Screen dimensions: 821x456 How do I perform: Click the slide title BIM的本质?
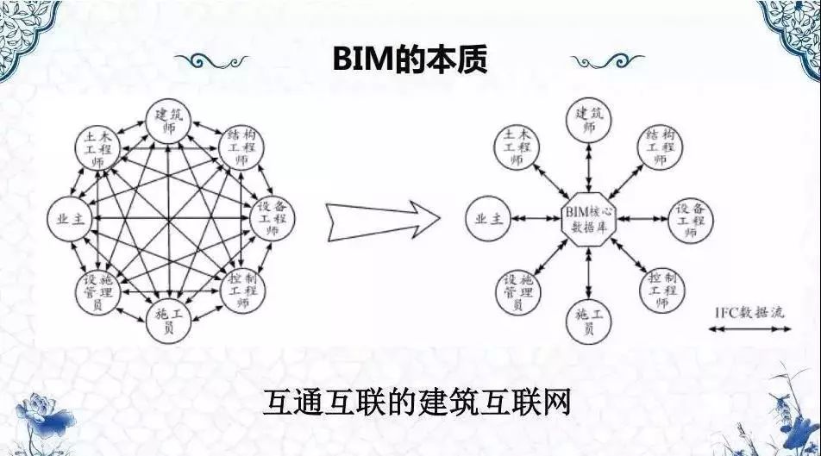tap(410, 59)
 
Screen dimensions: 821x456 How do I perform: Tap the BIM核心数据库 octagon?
tap(589, 219)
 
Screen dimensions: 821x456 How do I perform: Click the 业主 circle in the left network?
tap(70, 218)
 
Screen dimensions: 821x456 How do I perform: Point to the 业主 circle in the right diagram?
tap(488, 218)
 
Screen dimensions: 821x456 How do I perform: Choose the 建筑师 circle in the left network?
tap(168, 121)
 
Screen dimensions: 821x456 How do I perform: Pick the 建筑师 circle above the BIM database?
tap(589, 120)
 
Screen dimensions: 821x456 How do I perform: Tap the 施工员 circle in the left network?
tap(168, 321)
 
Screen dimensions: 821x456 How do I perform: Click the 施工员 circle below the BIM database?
tap(589, 322)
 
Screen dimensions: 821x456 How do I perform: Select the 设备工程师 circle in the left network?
tap(272, 218)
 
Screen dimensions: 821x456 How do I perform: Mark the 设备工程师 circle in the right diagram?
tap(691, 220)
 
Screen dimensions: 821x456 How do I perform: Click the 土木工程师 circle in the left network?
tap(97, 148)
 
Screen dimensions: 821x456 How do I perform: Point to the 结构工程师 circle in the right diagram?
tap(660, 147)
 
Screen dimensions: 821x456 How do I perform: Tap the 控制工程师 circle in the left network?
tap(242, 290)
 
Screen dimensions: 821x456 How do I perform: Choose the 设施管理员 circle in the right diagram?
tap(517, 292)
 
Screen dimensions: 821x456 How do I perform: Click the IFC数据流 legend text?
tap(749, 313)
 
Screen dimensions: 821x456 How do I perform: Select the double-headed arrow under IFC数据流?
tap(749, 328)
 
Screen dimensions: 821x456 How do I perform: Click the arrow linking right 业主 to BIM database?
tap(536, 218)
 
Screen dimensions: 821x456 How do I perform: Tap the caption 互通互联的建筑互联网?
tap(417, 402)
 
